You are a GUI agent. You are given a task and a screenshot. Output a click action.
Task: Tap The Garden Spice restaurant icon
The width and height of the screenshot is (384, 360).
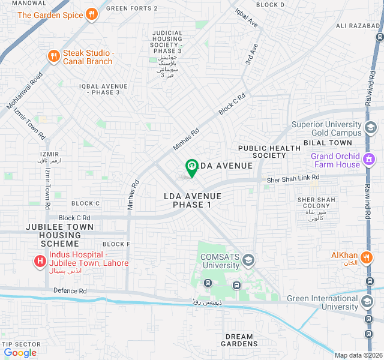[91, 14]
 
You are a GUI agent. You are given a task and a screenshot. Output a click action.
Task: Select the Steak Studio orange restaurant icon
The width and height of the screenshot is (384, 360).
[53, 56]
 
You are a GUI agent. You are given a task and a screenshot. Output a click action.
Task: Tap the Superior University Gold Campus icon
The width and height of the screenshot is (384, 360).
[371, 128]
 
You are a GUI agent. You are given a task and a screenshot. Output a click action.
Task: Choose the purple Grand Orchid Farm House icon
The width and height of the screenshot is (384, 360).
[370, 160]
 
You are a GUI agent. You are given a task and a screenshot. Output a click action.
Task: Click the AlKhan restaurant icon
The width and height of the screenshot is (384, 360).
[368, 258]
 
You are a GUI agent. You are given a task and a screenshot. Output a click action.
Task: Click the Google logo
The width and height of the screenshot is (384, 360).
[20, 353]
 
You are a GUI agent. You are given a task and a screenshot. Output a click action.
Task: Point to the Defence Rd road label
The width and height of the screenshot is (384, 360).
[71, 291]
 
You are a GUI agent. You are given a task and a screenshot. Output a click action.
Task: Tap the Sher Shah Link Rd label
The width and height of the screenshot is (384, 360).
[293, 178]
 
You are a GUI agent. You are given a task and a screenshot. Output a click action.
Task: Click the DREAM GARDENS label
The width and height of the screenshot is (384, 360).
[240, 340]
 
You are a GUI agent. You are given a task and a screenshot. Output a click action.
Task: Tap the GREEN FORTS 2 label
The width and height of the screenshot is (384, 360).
[131, 8]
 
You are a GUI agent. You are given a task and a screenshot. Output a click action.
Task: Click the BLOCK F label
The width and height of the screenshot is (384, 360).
[116, 244]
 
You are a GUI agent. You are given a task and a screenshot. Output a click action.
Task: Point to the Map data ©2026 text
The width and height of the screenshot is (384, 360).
[358, 355]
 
